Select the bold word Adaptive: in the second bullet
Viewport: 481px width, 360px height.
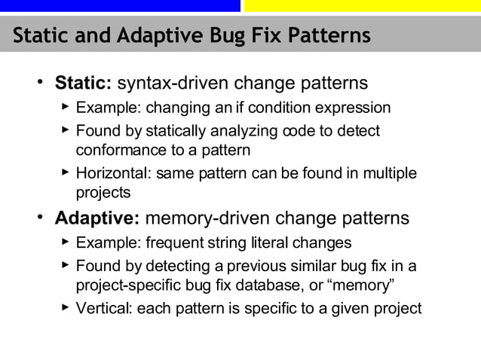97,218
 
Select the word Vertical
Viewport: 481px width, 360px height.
103,308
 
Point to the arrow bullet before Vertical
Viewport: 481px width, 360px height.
65,307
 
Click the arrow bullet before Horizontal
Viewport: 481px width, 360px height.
65,173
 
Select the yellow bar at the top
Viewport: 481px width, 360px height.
362,5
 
